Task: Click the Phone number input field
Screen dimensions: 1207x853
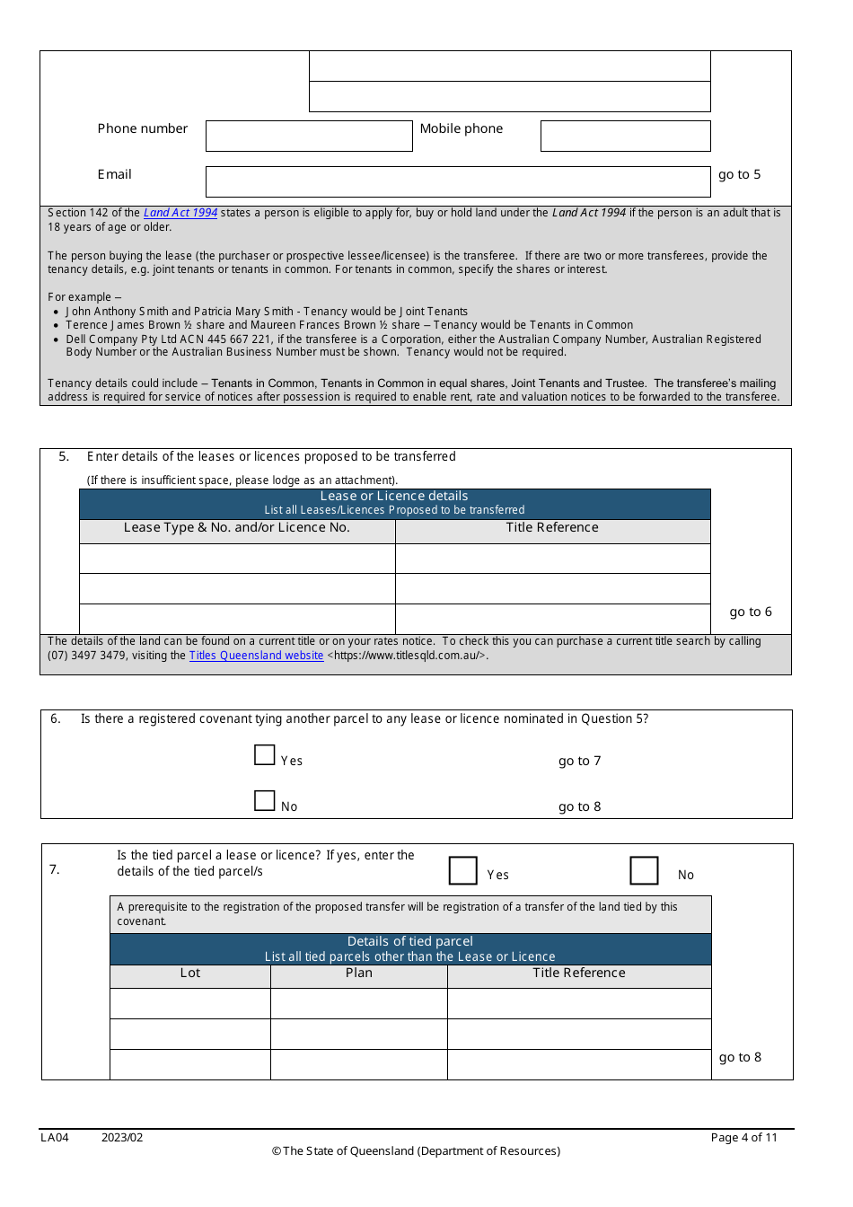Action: click(309, 137)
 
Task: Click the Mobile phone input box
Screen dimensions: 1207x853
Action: click(625, 137)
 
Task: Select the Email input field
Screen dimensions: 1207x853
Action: click(458, 181)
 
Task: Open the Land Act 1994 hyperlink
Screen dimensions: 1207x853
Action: click(180, 213)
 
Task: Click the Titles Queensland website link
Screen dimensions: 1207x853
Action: click(256, 656)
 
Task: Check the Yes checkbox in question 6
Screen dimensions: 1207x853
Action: click(265, 755)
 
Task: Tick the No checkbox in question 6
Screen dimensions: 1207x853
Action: click(265, 801)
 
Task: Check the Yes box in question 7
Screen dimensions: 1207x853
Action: click(463, 870)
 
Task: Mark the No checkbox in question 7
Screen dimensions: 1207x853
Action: click(644, 870)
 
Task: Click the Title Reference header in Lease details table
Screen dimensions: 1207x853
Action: click(552, 528)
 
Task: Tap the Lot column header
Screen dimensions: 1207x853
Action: click(190, 974)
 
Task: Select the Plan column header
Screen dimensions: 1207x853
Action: click(359, 974)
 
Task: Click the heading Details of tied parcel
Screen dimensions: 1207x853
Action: click(410, 942)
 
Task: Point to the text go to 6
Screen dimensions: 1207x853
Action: click(751, 612)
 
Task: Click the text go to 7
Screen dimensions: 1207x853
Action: click(580, 762)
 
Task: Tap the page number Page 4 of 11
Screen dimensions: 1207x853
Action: click(744, 1138)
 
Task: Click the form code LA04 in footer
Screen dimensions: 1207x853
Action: click(55, 1138)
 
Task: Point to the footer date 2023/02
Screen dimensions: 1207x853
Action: click(122, 1138)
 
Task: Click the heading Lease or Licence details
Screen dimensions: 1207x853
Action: click(394, 497)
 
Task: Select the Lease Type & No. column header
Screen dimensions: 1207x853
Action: click(237, 528)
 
